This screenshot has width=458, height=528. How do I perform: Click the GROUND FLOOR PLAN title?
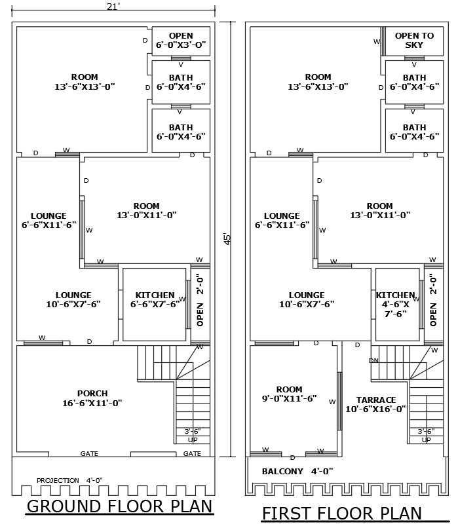point(119,506)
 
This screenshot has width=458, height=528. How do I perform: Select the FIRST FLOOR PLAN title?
point(341,514)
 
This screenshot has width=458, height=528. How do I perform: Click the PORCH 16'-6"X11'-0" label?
point(92,398)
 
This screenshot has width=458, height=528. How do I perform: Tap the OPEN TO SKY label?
point(414,41)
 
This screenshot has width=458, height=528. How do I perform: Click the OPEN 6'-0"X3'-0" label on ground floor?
point(181,41)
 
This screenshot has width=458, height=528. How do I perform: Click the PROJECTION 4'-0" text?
point(69,480)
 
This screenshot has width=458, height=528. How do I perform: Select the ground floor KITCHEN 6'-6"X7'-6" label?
point(155,299)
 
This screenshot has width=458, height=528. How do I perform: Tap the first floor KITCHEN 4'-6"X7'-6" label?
point(396,304)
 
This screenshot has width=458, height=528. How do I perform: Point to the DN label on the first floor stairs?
point(373,361)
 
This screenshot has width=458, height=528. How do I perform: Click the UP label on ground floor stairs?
point(193,440)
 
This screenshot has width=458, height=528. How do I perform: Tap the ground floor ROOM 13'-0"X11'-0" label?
point(146,210)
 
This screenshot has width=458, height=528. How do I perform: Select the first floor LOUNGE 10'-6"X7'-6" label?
point(307,299)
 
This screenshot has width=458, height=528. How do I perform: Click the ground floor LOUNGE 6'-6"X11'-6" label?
point(48,220)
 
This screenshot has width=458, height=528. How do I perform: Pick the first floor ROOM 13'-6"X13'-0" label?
point(318,81)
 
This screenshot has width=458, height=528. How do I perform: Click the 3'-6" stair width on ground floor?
point(192,431)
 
